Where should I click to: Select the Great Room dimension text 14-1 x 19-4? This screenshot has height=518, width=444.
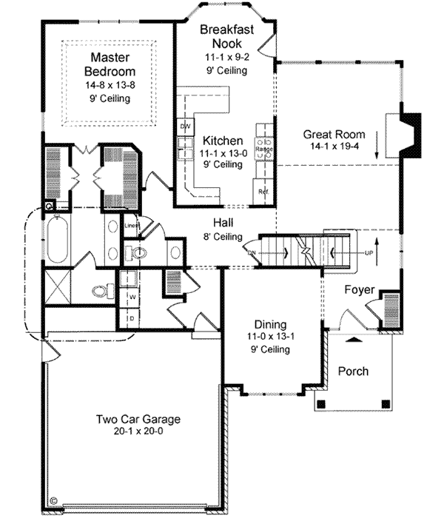[334, 147]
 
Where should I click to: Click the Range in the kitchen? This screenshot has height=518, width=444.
[264, 148]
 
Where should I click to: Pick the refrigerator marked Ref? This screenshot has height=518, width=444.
[263, 190]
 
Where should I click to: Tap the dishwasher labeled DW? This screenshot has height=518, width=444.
[185, 127]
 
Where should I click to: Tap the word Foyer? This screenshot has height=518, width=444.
[360, 289]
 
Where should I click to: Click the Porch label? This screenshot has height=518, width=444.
[352, 371]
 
